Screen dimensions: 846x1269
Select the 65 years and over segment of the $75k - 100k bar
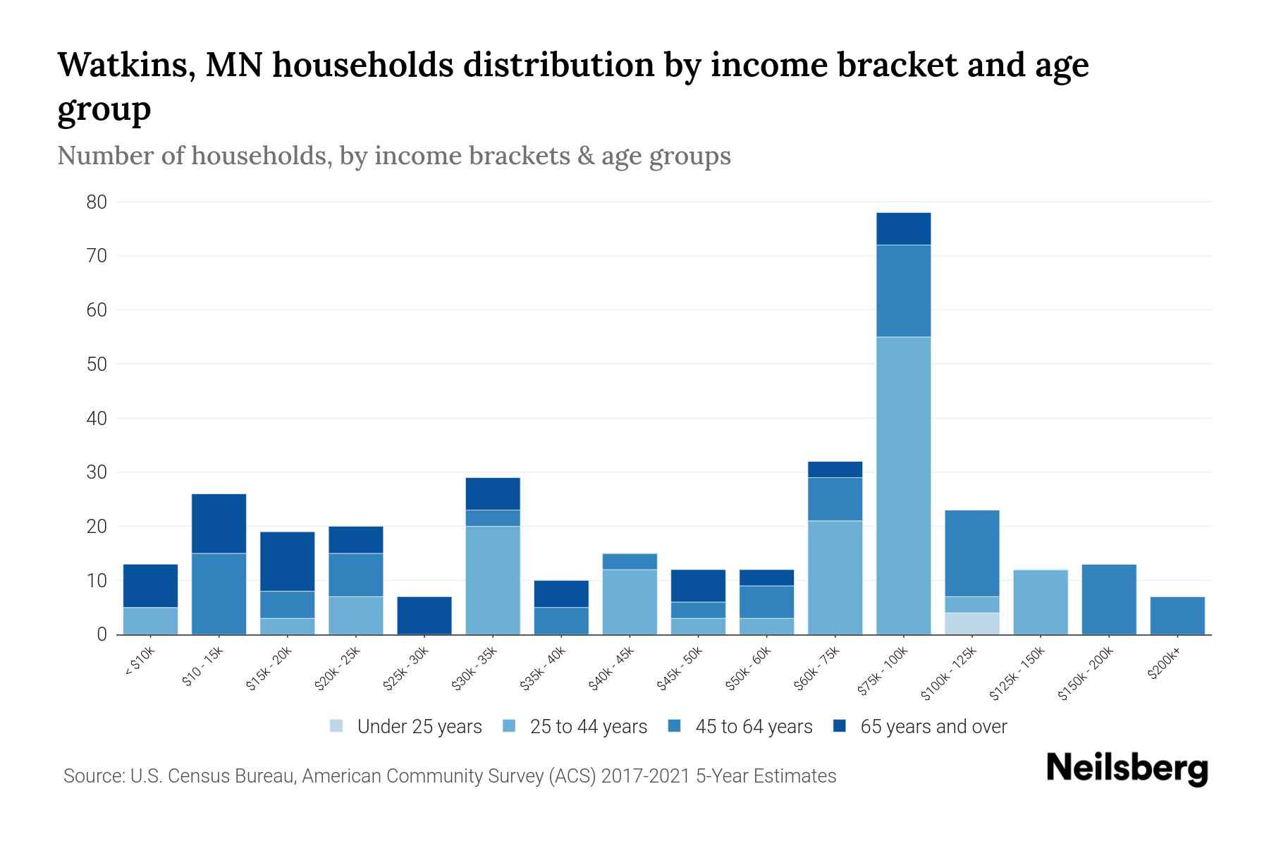903,228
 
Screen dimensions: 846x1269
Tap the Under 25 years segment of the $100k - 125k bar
971,623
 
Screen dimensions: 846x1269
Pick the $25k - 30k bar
424,615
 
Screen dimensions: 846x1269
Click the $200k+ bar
1177,615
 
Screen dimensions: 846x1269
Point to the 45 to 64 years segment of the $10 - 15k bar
219,594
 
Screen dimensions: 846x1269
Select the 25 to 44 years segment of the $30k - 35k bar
492,580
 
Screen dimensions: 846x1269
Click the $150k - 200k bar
1108,599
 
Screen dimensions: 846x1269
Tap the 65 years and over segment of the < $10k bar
150,585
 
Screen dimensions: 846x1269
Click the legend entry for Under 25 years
419,727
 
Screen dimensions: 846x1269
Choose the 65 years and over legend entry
933,727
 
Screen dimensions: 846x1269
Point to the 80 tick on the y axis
97,202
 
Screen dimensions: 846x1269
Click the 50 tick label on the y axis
97,364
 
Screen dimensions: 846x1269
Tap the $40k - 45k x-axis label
611,669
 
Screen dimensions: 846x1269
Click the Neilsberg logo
1127,768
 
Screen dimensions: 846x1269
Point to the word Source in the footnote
92,776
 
